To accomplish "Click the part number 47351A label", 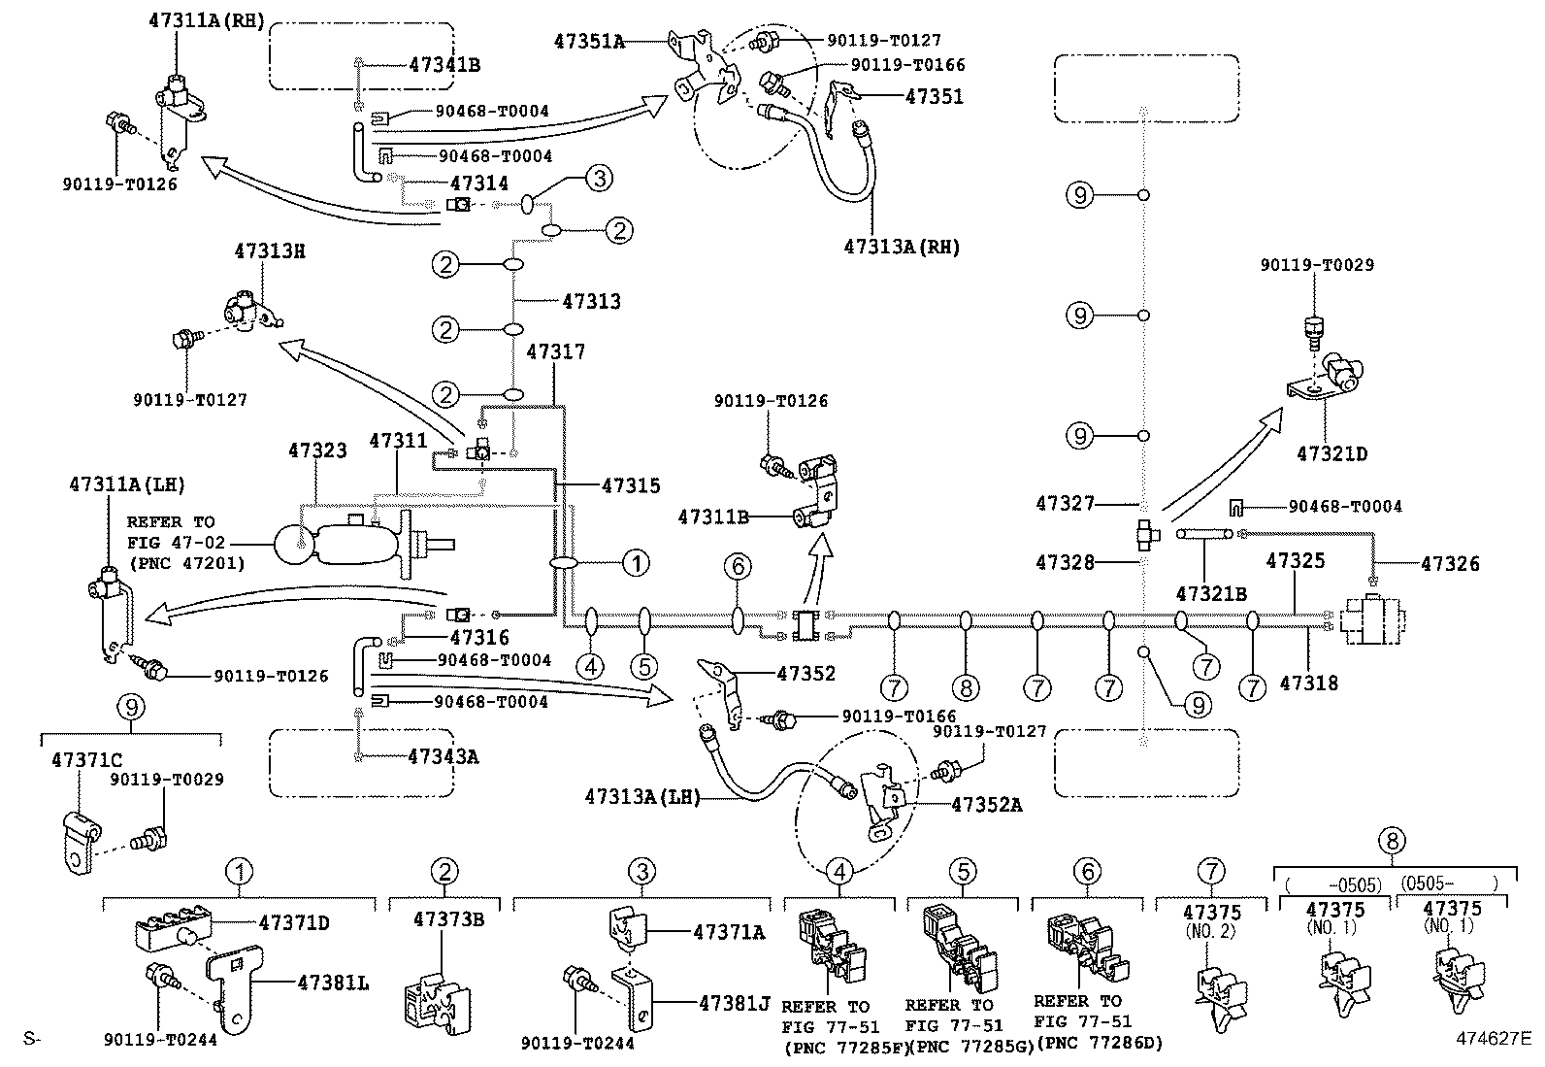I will [x=589, y=41].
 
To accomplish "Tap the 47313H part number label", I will [x=269, y=250].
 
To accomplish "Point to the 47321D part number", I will [x=1331, y=453].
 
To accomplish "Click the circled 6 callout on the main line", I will [x=738, y=565].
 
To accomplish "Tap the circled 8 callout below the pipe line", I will [x=966, y=688].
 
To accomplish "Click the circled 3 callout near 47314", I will [x=599, y=179].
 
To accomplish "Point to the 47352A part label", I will [x=986, y=804].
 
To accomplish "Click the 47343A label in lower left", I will [x=443, y=756].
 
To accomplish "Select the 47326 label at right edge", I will [x=1451, y=563].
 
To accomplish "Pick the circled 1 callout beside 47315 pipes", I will [x=635, y=562].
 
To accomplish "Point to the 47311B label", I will [x=712, y=517].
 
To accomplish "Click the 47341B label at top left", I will [x=444, y=65].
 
